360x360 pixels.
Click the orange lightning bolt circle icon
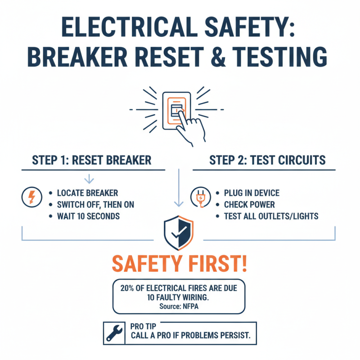pos(31,197)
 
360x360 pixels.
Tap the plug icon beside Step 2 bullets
pos(200,197)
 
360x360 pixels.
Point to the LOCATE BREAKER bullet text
pos(87,193)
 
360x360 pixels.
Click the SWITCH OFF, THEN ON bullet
pos(95,205)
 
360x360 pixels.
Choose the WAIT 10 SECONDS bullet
pos(88,216)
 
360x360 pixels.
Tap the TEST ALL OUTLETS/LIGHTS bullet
pos(271,216)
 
